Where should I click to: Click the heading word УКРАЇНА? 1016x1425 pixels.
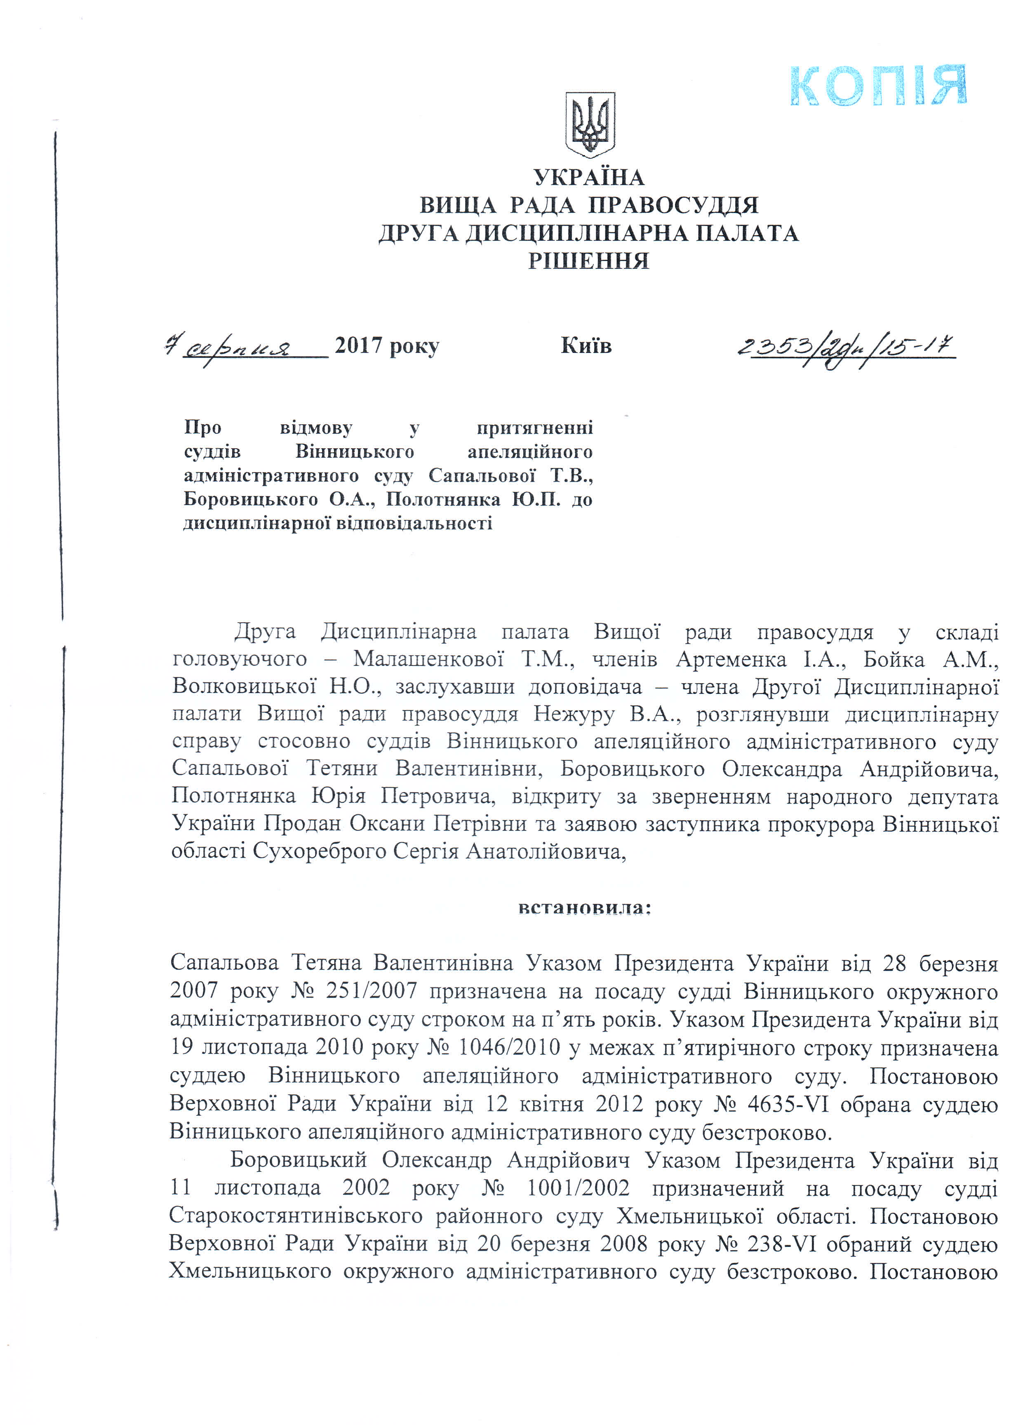coord(589,178)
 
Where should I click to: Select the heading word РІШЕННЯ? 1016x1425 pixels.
coord(589,260)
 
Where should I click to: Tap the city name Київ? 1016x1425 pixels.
coord(586,345)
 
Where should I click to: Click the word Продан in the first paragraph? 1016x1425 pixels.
coord(303,824)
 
